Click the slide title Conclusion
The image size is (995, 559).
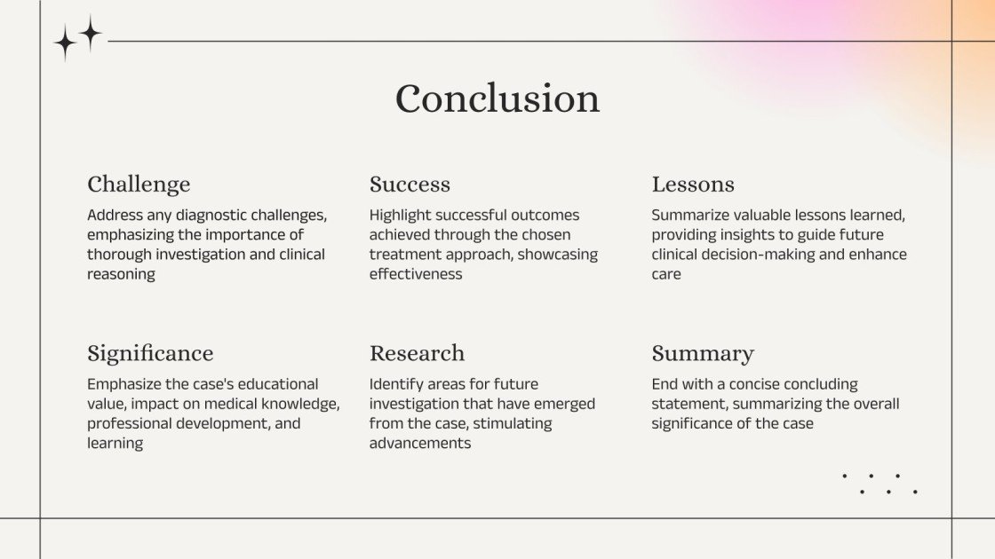pyautogui.click(x=497, y=98)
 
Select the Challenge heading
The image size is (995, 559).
pyautogui.click(x=139, y=185)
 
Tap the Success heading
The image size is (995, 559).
pyautogui.click(x=410, y=185)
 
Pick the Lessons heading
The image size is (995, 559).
pyautogui.click(x=693, y=185)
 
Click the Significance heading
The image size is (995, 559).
pyautogui.click(x=150, y=353)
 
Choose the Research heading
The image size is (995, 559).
pyautogui.click(x=417, y=353)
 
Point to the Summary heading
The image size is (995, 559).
pyautogui.click(x=703, y=353)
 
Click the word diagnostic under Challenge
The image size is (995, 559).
pyautogui.click(x=201, y=216)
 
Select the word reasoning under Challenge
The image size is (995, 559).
pyautogui.click(x=121, y=274)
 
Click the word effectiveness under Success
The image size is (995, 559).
pyautogui.click(x=416, y=274)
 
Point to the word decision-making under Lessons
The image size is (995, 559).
pyautogui.click(x=765, y=255)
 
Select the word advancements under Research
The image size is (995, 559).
pyautogui.click(x=420, y=443)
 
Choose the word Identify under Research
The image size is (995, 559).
pyautogui.click(x=394, y=384)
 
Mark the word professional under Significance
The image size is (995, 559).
pyautogui.click(x=130, y=423)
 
